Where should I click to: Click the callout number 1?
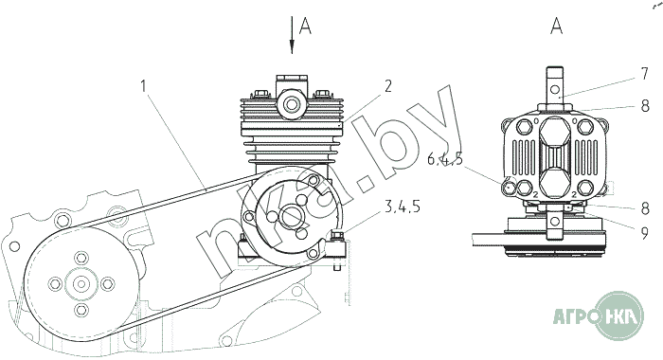coord(144,86)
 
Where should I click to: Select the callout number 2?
coord(387,86)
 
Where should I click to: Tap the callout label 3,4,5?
coord(403,206)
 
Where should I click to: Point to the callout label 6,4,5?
coord(445,159)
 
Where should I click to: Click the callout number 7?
coord(644,74)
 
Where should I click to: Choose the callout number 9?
coord(644,232)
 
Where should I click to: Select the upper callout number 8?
coord(645,105)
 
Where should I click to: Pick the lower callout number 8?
coord(644,208)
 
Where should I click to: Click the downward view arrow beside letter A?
coord(292,35)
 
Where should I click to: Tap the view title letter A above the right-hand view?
coord(557,26)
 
